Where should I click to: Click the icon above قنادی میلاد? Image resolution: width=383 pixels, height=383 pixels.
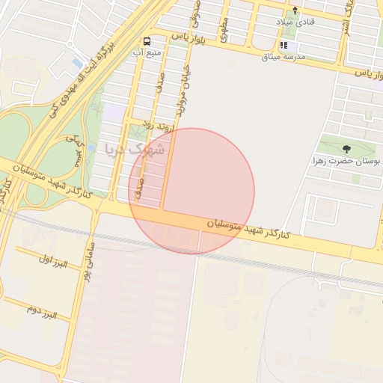click(x=295, y=10)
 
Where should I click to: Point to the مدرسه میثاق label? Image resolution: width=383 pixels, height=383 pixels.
click(x=283, y=56)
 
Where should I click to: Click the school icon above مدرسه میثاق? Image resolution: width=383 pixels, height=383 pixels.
click(x=284, y=45)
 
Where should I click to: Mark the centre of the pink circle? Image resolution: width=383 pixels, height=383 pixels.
click(x=191, y=191)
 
